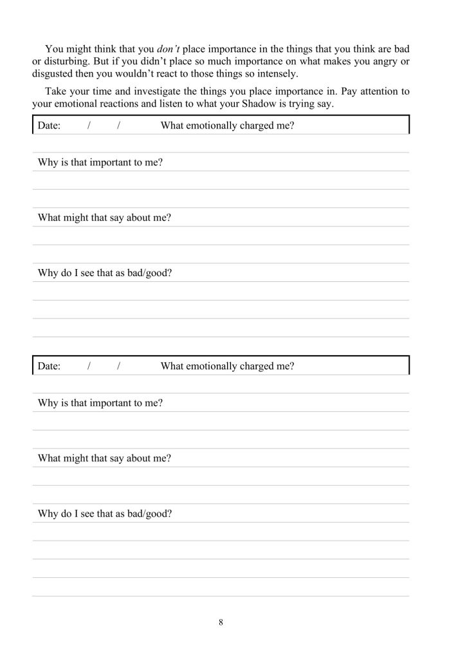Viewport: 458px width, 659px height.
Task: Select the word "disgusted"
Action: point(54,73)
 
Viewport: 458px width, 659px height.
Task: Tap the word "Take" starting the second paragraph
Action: point(57,92)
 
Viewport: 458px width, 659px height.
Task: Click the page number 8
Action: point(221,622)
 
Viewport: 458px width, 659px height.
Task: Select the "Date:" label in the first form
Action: point(49,126)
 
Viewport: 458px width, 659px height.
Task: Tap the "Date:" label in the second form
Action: point(49,367)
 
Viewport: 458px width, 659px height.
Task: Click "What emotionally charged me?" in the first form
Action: point(227,126)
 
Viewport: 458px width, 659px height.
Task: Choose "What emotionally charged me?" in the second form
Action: point(227,367)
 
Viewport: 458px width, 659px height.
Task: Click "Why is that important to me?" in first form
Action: point(100,163)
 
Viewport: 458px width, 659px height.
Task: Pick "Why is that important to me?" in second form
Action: point(100,404)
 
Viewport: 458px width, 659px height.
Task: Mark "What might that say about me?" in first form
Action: point(104,218)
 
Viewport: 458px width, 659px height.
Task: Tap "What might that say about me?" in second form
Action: point(104,459)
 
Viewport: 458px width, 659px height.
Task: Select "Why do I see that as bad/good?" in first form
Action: point(105,274)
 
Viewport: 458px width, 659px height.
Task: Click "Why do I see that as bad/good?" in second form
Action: point(105,514)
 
